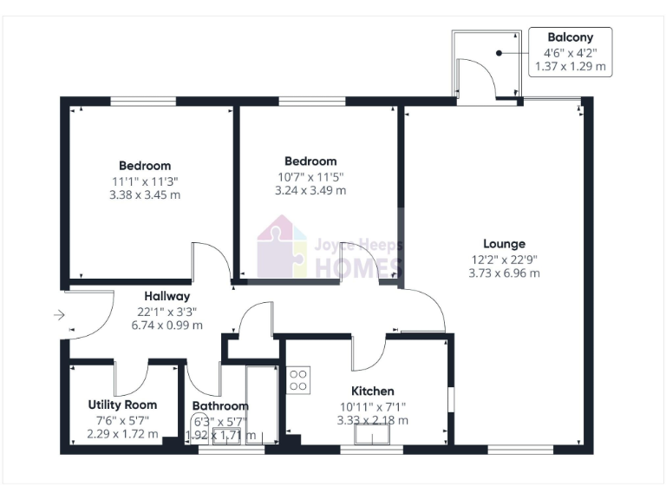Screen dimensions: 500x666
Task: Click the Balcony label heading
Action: (x=570, y=37)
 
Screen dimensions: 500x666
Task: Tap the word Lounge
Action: (x=504, y=244)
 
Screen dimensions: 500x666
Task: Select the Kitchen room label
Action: (x=372, y=391)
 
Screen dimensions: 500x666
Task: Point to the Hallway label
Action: (x=167, y=296)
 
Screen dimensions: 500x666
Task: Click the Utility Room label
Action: (x=122, y=405)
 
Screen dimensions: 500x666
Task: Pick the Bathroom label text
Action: (x=220, y=405)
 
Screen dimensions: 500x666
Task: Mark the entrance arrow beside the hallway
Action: (x=58, y=315)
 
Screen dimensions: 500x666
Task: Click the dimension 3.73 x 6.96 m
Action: (x=504, y=273)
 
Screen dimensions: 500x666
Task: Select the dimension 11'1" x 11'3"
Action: (x=145, y=181)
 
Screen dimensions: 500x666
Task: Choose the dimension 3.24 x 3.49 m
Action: (x=310, y=190)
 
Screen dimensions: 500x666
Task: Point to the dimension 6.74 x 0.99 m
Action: (x=167, y=326)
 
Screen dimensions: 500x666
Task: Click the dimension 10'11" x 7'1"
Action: (x=372, y=405)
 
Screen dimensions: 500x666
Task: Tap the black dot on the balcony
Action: (x=499, y=53)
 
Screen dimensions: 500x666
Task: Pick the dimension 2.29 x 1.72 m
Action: (x=122, y=434)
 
